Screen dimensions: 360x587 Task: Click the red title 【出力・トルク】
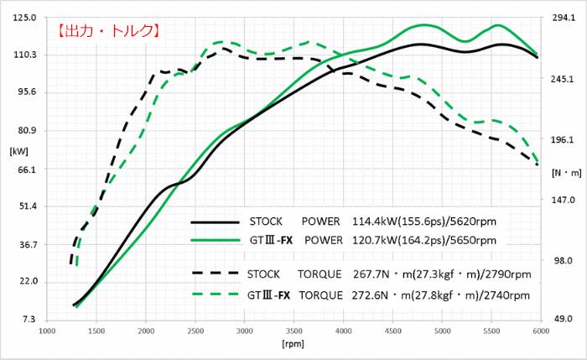click(x=108, y=32)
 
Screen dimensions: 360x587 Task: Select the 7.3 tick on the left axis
click(x=27, y=320)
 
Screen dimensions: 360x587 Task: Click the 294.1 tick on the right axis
click(x=559, y=17)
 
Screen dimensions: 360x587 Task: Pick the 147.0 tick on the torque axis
click(x=559, y=200)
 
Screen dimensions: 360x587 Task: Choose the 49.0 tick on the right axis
click(x=559, y=320)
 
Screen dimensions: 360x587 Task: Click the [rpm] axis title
click(x=293, y=345)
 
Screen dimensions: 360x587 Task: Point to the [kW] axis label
click(x=18, y=151)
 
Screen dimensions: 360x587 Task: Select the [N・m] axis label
click(x=568, y=172)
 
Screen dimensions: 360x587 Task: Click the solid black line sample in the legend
click(x=215, y=222)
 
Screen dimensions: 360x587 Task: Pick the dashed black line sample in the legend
click(x=215, y=274)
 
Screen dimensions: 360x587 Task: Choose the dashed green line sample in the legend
click(x=215, y=295)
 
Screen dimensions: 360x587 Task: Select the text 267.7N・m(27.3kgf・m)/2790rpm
click(x=440, y=274)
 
